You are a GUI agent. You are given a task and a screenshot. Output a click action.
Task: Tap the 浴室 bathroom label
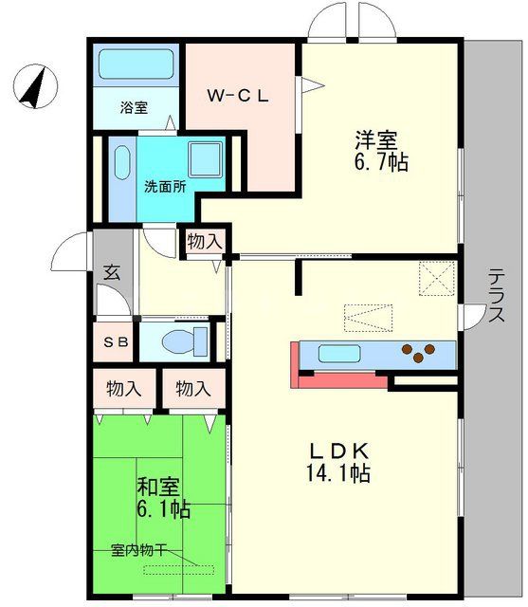click(x=134, y=107)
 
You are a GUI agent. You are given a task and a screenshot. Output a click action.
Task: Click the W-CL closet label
click(x=241, y=95)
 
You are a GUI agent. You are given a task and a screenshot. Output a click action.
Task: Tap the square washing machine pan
click(x=204, y=159)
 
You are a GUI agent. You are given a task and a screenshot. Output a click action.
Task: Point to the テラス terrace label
click(x=496, y=297)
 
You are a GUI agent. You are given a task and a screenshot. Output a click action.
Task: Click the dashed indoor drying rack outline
click(x=178, y=569)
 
